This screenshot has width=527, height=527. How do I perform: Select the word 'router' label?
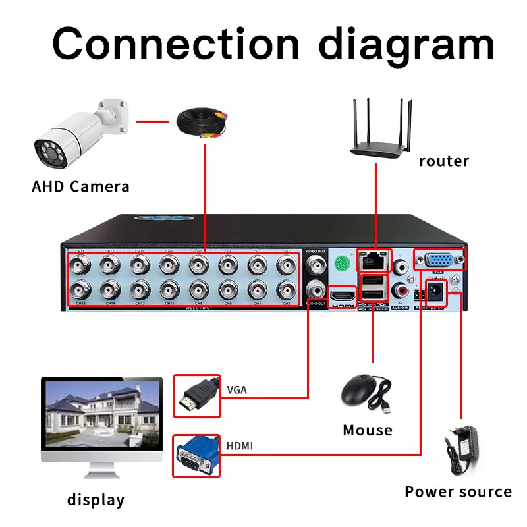click(444, 161)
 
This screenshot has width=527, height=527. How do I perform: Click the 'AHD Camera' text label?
click(80, 186)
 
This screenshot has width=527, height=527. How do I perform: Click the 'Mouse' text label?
click(367, 430)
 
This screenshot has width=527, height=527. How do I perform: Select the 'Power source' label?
click(458, 491)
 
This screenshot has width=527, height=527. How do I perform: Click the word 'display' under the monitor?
click(96, 500)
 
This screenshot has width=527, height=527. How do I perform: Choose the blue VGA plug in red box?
click(196, 456)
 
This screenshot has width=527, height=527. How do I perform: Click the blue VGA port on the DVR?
click(439, 260)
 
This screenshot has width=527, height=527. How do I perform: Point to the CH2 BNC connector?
click(286, 289)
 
